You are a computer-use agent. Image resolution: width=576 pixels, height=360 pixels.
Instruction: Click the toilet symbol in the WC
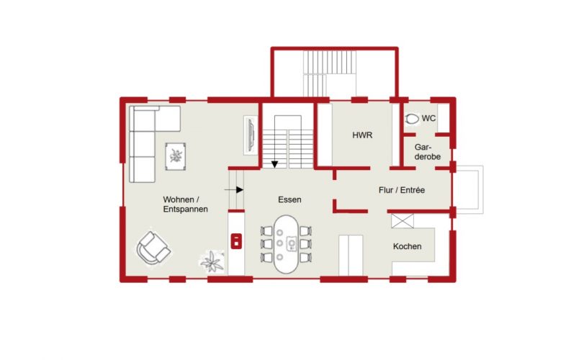pyautogui.click(x=412, y=119)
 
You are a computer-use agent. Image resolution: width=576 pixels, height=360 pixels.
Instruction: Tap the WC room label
pyautogui.click(x=428, y=118)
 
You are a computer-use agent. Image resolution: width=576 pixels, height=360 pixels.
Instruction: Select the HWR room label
pyautogui.click(x=362, y=135)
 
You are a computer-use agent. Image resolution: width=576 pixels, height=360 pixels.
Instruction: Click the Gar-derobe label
pyautogui.click(x=427, y=152)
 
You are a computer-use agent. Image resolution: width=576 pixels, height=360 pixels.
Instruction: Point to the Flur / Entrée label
pyautogui.click(x=402, y=190)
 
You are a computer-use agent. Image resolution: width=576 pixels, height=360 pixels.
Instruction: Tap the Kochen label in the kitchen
pyautogui.click(x=407, y=246)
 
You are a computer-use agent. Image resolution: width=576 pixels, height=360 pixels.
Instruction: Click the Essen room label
pyautogui.click(x=289, y=199)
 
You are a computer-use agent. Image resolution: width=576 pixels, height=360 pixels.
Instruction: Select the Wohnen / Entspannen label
pyautogui.click(x=186, y=204)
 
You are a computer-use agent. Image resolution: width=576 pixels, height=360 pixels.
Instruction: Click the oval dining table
pyautogui.click(x=287, y=244)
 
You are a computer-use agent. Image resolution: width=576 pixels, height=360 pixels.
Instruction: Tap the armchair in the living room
pyautogui.click(x=153, y=248)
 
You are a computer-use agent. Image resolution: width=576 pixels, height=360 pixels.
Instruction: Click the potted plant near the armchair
pyautogui.click(x=212, y=261)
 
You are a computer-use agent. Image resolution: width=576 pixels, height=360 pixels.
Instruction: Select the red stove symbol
pyautogui.click(x=236, y=241)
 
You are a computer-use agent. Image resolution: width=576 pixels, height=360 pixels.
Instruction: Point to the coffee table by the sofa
pyautogui.click(x=175, y=156)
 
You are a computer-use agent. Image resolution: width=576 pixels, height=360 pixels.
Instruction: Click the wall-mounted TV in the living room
pyautogui.click(x=251, y=135)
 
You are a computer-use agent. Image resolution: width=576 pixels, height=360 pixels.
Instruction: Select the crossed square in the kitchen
pyautogui.click(x=402, y=221)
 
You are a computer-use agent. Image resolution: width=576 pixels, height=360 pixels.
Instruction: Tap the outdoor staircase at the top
pyautogui.click(x=330, y=73)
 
